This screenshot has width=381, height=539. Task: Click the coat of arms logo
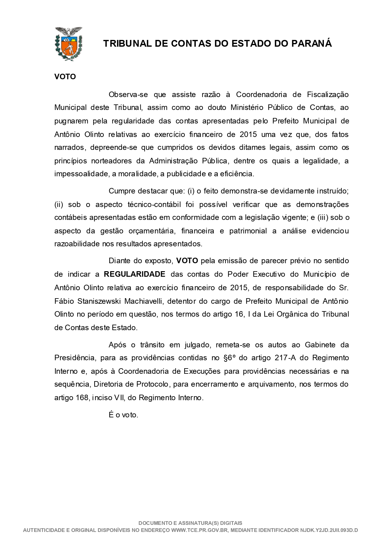point(68,44)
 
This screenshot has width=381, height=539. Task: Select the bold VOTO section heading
point(65,77)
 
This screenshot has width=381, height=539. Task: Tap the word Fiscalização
point(328,95)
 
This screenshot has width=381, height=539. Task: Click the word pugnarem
point(71,121)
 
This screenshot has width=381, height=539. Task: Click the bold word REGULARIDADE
point(134,274)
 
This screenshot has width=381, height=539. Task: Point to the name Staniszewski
point(99,301)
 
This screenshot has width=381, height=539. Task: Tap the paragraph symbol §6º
point(231,358)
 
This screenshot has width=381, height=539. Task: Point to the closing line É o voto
point(123,415)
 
